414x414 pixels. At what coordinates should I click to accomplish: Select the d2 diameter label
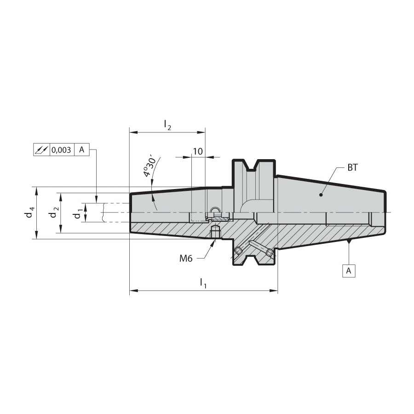coord(54,212)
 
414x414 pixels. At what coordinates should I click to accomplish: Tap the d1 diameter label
coord(77,213)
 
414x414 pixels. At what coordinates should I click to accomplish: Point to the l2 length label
coord(167,125)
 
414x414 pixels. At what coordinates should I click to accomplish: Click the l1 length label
coord(203,283)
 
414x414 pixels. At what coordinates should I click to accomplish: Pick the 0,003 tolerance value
coord(61,150)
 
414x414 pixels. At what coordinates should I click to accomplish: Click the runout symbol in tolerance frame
coord(42,149)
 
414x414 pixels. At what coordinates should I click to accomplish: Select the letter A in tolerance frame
coord(82,149)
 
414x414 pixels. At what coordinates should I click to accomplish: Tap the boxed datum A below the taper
coord(349,270)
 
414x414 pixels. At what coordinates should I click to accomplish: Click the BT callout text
coord(352,167)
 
